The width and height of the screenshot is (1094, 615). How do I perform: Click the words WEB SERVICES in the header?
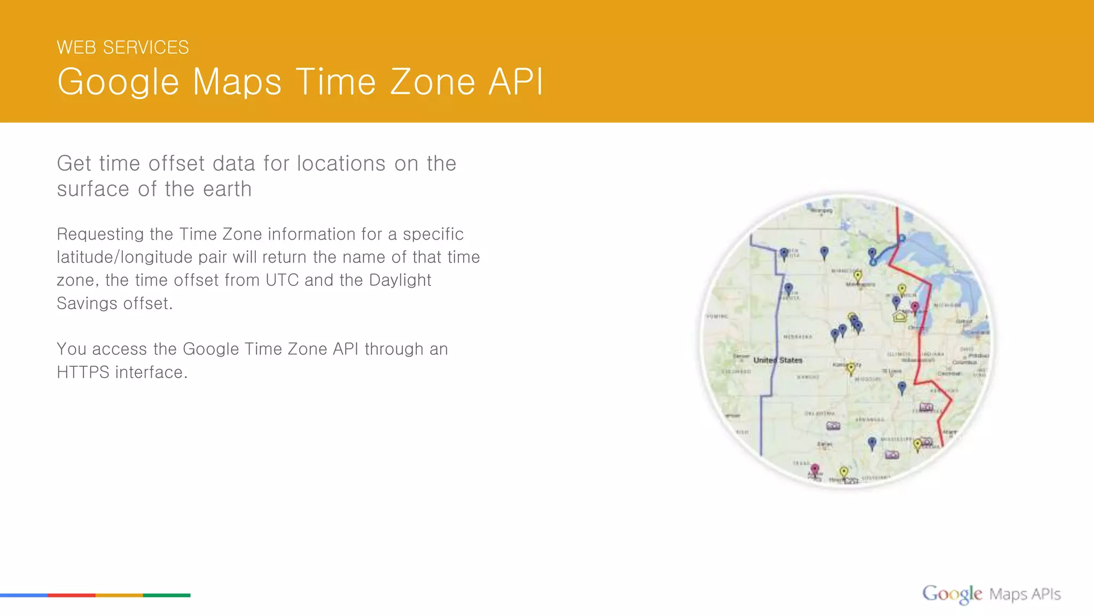pos(122,48)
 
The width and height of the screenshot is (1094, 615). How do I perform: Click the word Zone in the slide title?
pos(432,82)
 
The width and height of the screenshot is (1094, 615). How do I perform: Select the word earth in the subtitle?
pos(227,189)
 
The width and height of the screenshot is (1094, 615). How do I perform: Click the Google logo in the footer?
pos(951,594)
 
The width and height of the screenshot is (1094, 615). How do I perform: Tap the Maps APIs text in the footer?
pos(1025,594)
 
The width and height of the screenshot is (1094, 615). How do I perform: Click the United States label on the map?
pos(777,360)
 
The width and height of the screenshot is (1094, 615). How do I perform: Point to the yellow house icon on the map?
pos(900,317)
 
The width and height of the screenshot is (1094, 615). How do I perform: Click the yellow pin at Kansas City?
pos(851,368)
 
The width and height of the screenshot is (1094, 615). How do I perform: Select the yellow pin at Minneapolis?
pos(857,276)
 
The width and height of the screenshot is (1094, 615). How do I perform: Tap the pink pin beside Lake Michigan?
pos(915,307)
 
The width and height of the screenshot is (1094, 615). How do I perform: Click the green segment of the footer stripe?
pos(167,595)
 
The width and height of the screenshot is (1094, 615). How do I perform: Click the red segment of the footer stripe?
pos(72,595)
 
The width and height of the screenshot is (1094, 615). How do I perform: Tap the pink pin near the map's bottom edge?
pos(815,469)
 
